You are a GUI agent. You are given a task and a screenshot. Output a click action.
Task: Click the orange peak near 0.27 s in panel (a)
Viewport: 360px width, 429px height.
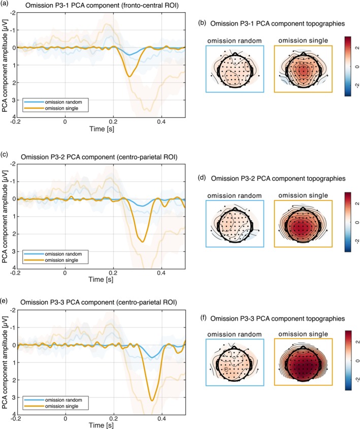(129, 76)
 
